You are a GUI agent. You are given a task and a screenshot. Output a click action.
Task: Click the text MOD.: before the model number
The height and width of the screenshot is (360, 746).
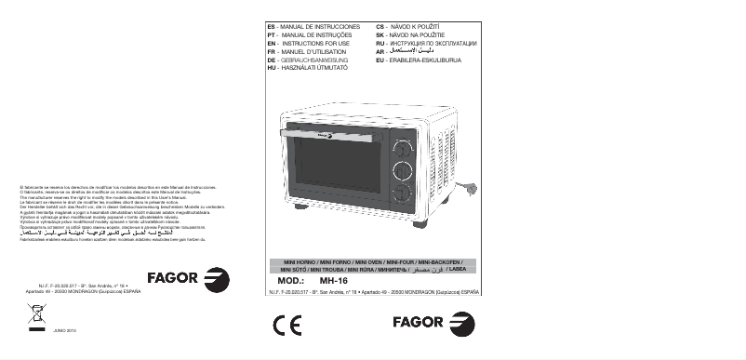point(292,278)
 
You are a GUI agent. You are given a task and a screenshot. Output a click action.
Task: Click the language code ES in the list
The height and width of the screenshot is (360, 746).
point(271,27)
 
